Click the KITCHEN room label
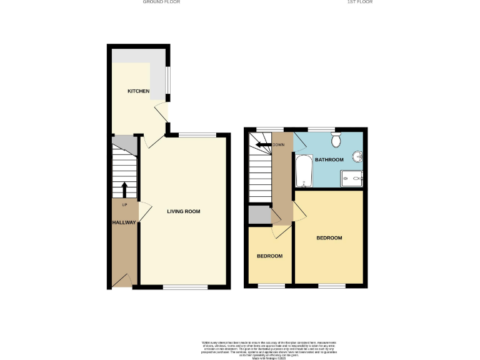click(x=138, y=91)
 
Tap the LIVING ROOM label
click(x=183, y=211)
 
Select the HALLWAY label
click(x=124, y=222)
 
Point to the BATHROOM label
click(x=329, y=160)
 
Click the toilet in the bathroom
click(x=336, y=139)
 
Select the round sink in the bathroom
click(x=357, y=156)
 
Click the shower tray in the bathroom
click(x=353, y=179)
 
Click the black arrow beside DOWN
click(x=263, y=145)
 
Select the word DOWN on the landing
click(x=279, y=145)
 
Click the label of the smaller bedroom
click(x=270, y=256)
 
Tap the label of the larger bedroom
click(x=329, y=238)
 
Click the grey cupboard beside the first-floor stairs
click(x=258, y=214)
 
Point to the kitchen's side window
click(x=167, y=79)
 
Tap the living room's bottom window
click(x=185, y=287)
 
